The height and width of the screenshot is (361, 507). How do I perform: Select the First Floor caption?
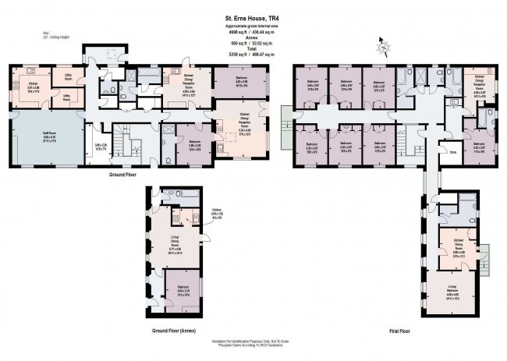point(399,331)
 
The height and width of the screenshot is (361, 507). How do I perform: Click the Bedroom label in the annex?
point(183,288)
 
